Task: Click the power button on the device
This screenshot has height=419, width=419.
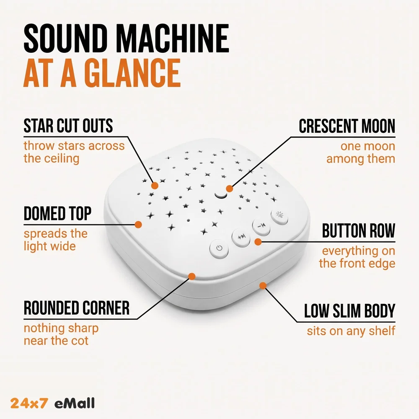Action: click(x=219, y=249)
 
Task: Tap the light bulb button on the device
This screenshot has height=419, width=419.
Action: click(x=279, y=217)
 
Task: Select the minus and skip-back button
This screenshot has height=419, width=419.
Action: click(x=261, y=227)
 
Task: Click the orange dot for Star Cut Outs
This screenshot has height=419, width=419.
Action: click(x=155, y=186)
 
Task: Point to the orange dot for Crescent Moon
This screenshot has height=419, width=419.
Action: click(x=229, y=189)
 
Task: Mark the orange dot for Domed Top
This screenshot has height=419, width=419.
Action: click(x=138, y=225)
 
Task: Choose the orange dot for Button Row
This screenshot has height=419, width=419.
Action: click(x=258, y=242)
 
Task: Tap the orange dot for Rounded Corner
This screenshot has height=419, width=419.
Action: click(x=192, y=276)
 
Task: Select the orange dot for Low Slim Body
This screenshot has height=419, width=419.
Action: click(x=263, y=286)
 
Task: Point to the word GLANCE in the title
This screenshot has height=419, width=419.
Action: click(x=132, y=73)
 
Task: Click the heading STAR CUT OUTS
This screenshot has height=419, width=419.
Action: click(x=68, y=126)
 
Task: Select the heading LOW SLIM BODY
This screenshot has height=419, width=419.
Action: click(x=349, y=311)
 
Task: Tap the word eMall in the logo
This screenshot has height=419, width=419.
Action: click(x=75, y=403)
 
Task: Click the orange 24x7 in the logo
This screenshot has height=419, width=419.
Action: click(x=29, y=403)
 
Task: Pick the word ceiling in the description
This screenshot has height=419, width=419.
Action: click(x=62, y=159)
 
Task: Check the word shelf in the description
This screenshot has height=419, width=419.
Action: click(x=382, y=331)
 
